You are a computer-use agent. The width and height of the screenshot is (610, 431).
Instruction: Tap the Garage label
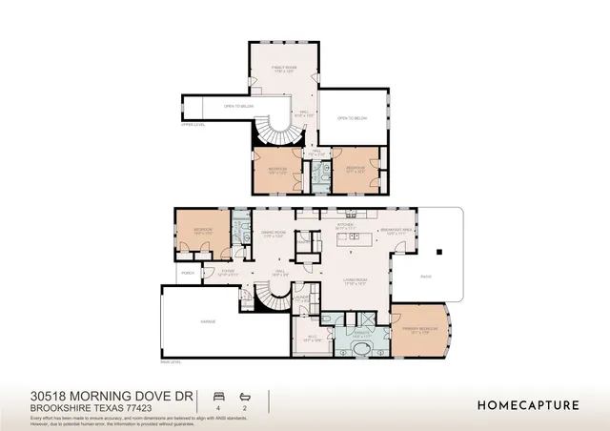click(x=208, y=321)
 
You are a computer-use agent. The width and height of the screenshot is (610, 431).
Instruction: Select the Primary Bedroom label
click(x=423, y=329)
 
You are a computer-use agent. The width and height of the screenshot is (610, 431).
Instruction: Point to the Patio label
click(x=426, y=277)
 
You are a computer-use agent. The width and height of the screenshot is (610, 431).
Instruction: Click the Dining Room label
click(x=274, y=235)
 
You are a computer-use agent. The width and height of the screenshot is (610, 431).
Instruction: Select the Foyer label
click(x=229, y=272)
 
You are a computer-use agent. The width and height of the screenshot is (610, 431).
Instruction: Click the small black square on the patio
click(x=439, y=253)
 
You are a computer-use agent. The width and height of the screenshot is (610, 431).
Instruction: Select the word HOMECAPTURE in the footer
click(x=527, y=404)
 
